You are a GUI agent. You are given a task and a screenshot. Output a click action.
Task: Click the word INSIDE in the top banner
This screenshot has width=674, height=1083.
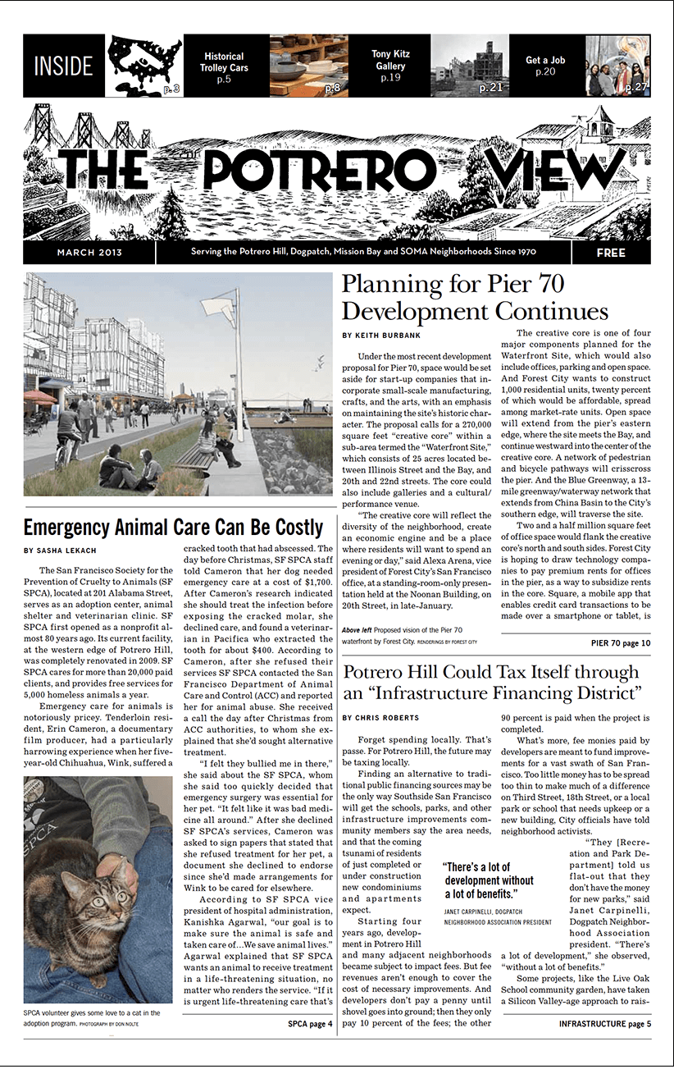tap(64, 66)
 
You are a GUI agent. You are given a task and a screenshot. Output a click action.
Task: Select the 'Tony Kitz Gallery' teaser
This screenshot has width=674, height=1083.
tap(390, 66)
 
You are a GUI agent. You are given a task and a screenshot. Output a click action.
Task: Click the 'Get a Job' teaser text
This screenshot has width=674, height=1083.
tap(545, 66)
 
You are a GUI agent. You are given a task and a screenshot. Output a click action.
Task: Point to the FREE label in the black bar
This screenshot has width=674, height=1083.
tap(611, 253)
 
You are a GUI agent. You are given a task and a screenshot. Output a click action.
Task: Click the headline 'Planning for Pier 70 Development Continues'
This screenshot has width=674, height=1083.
tap(475, 298)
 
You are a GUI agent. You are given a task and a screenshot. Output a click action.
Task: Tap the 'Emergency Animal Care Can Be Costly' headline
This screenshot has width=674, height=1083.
tap(173, 527)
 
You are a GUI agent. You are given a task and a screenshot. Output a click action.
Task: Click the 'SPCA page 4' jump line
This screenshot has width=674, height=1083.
tap(310, 1024)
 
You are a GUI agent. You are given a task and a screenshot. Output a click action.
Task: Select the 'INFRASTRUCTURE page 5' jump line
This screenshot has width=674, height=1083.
tap(604, 1024)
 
